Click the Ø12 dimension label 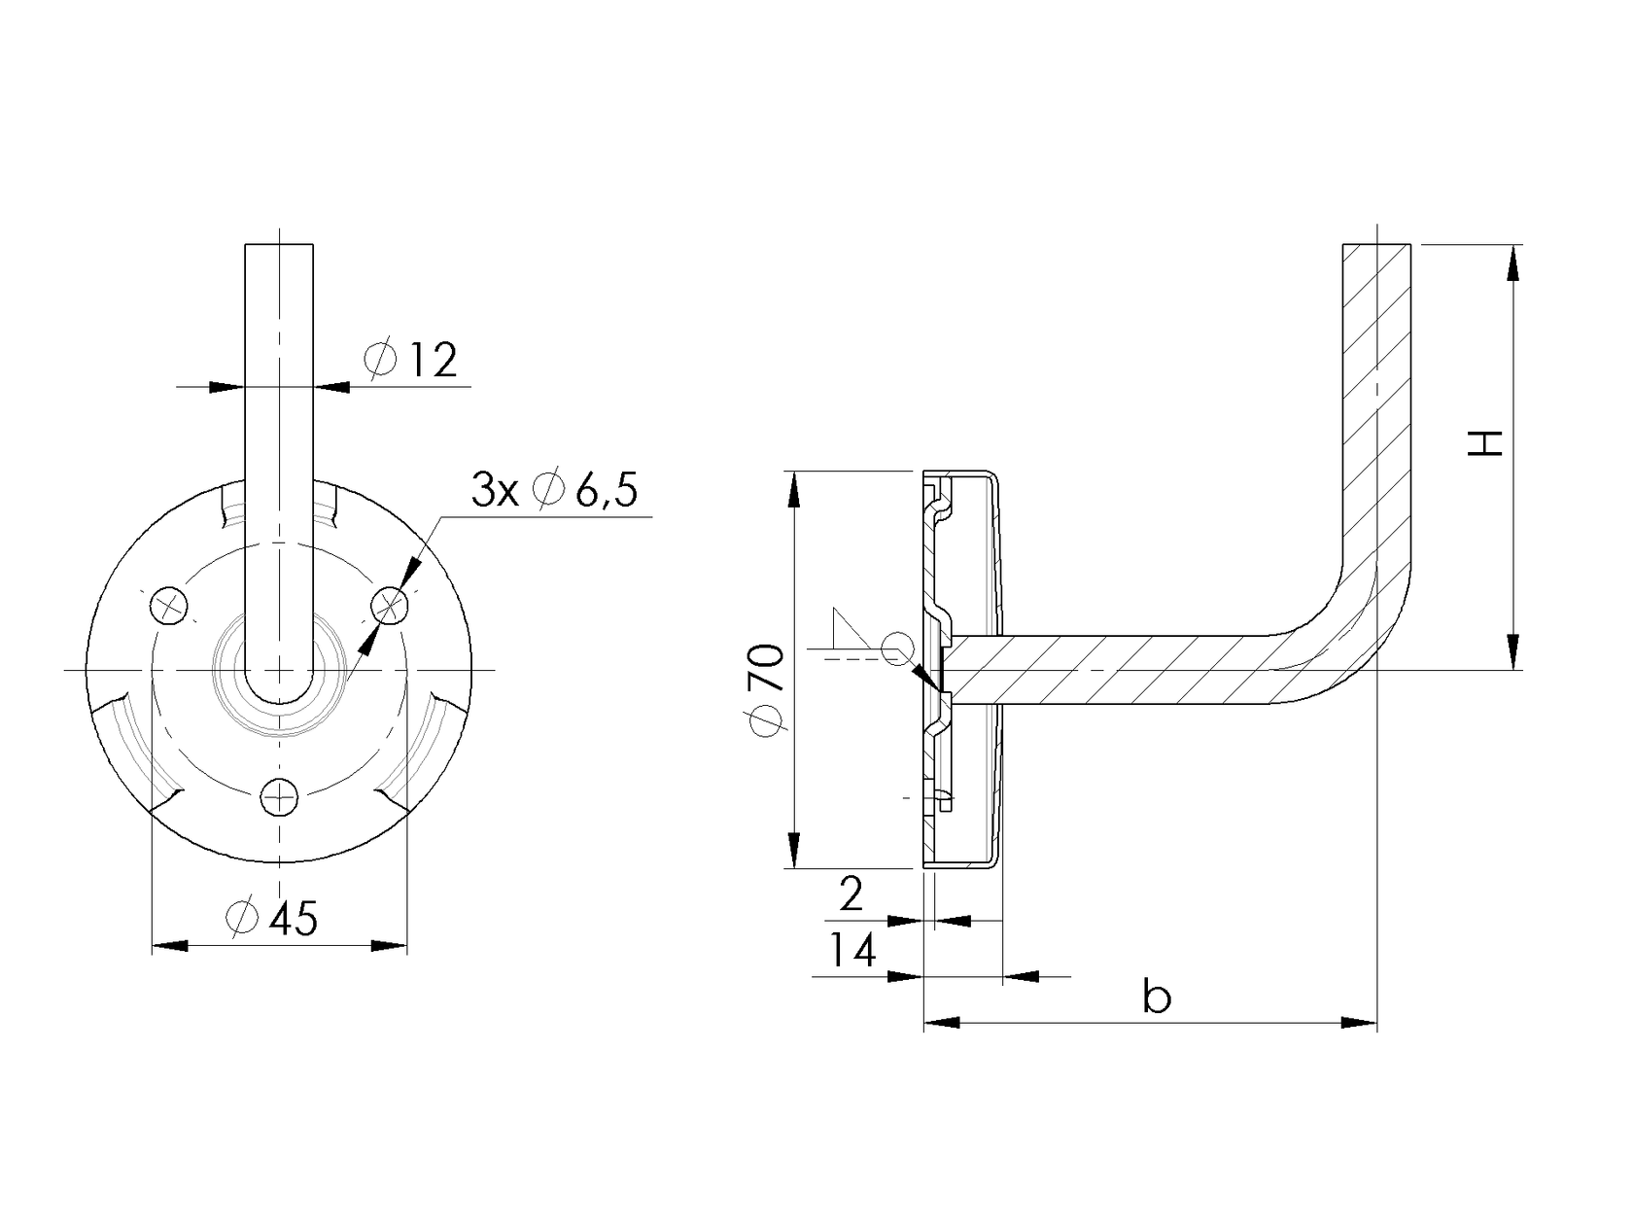(411, 360)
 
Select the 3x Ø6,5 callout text (554, 491)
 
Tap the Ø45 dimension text (271, 919)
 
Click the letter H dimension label (1485, 443)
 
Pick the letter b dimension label (1156, 998)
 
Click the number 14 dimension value (852, 951)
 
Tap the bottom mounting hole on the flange (280, 798)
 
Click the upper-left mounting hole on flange (169, 607)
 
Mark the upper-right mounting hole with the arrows (391, 607)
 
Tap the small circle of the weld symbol (897, 647)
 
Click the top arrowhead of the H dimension (1513, 263)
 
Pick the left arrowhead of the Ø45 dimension (171, 945)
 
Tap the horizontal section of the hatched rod (1118, 670)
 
